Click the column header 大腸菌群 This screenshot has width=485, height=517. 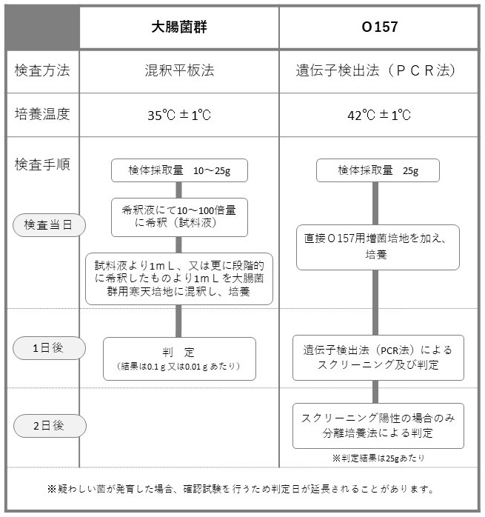[179, 27]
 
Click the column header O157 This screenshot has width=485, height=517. [380, 27]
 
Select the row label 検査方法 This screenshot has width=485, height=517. [42, 70]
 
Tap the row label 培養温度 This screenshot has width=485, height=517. [42, 114]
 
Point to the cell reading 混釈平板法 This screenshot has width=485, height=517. [179, 70]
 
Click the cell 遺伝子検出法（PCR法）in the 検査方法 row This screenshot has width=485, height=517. [377, 70]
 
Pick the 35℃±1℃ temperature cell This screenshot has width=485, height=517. [179, 115]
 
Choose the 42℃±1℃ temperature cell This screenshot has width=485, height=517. [379, 115]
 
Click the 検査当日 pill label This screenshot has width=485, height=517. [49, 225]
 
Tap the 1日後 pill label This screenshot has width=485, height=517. [49, 348]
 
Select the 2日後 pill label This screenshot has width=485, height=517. [50, 426]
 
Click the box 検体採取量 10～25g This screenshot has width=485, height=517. [179, 170]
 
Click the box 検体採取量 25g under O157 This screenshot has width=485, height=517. [378, 170]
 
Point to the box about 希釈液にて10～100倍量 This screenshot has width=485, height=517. [179, 217]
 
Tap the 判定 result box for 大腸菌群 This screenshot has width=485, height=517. [179, 358]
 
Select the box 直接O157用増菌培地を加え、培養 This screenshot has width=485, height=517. [378, 247]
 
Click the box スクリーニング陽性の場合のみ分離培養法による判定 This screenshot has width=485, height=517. [378, 426]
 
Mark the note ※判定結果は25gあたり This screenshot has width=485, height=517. [378, 458]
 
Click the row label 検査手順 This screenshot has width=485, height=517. [42, 164]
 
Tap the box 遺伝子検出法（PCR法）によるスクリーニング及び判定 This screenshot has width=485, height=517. [378, 358]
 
